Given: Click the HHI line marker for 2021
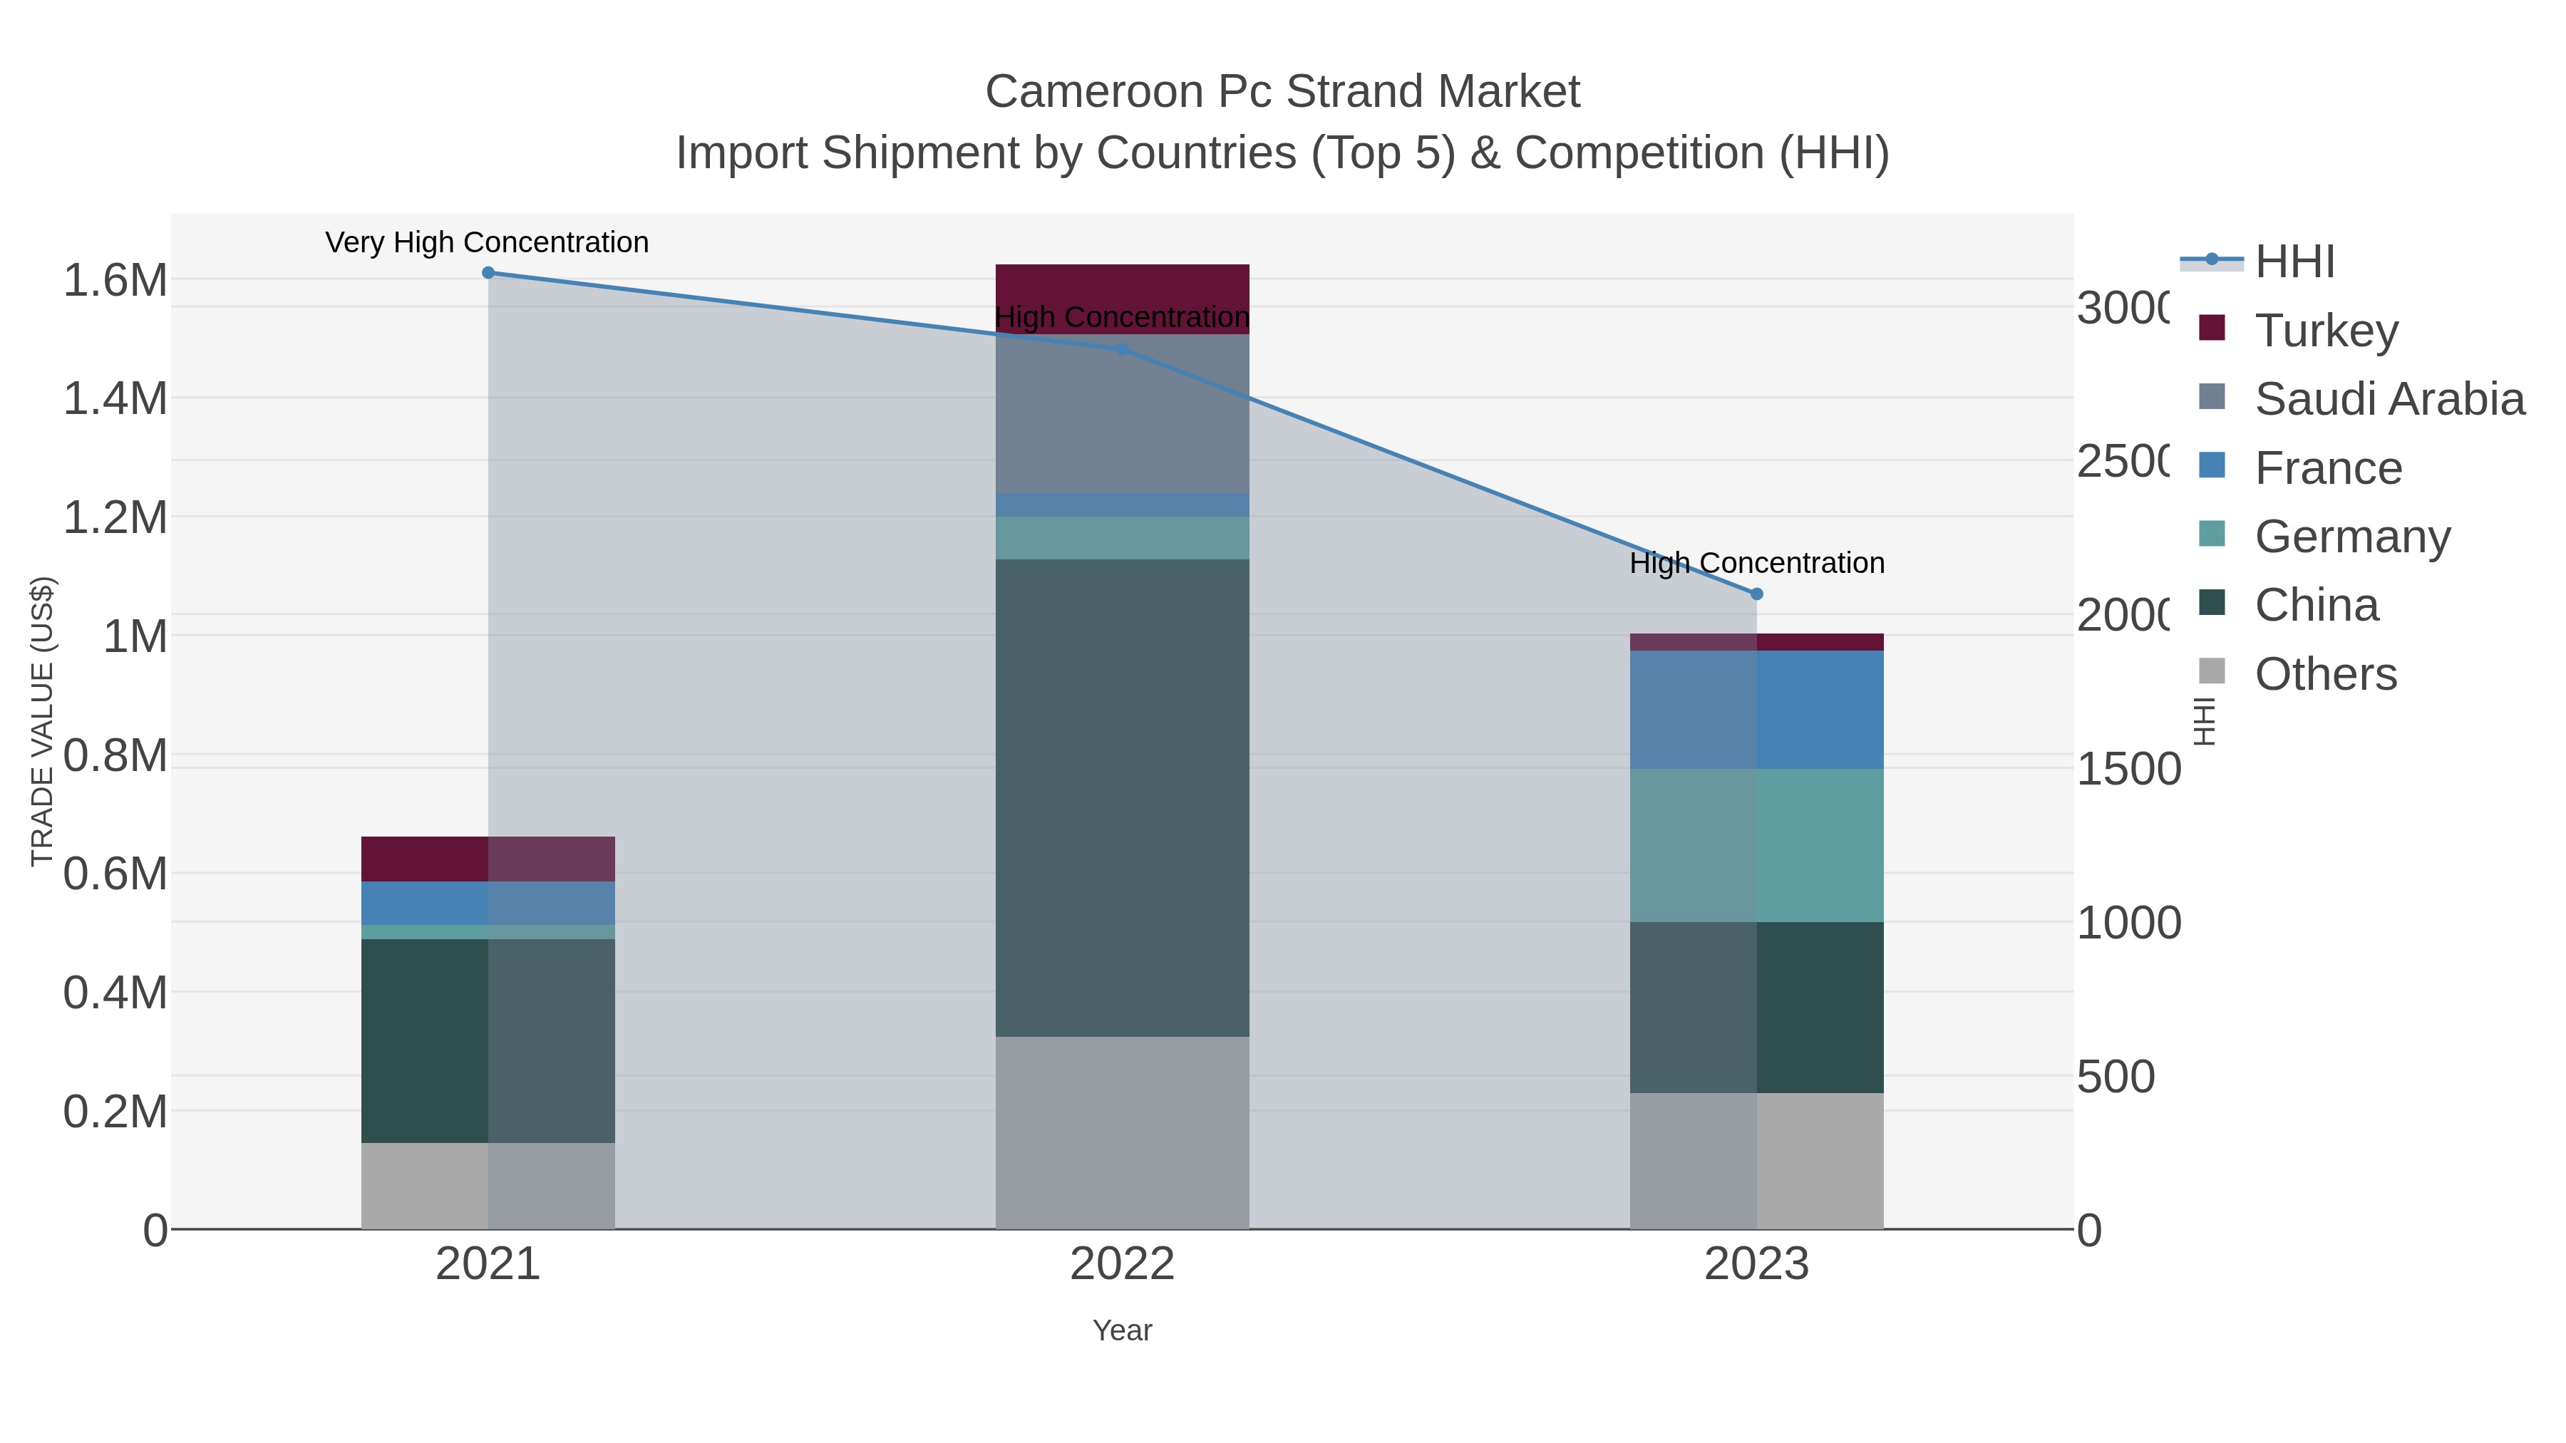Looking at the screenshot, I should [488, 273].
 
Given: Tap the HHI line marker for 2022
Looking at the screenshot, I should [1123, 350].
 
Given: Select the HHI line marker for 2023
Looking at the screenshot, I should [1756, 594].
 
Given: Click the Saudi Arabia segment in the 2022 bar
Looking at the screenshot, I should [1123, 413].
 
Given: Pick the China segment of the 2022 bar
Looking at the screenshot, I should [1123, 797].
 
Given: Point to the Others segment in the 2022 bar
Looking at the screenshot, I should [1123, 1132].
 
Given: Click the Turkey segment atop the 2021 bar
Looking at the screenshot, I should [488, 859].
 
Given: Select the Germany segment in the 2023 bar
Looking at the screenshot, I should [1756, 844].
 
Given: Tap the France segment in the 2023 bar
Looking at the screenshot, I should [1756, 709].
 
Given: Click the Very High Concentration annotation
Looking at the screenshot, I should [487, 242].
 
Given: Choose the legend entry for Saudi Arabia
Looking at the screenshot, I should [2389, 398].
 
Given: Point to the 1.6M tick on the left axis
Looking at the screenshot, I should [115, 280].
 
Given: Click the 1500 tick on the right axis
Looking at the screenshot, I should [2128, 769].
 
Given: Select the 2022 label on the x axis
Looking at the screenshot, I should [1123, 1263].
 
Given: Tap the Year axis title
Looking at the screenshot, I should [1123, 1330].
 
